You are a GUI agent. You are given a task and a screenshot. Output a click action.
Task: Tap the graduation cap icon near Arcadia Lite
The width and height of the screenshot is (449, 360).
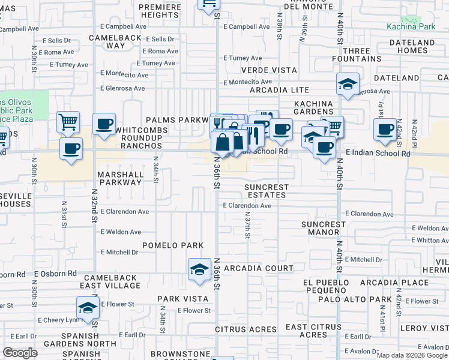348,85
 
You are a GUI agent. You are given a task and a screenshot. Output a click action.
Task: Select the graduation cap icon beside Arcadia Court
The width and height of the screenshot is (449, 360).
199,269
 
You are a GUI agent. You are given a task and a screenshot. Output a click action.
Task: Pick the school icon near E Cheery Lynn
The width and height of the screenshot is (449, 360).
88,309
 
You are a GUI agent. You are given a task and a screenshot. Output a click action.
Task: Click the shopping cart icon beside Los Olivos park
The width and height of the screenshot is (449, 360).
68,122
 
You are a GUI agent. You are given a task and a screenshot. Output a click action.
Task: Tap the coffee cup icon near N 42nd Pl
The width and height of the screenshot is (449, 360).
385,128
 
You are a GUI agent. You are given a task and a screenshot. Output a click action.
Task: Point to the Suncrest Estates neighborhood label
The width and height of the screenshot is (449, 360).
267,191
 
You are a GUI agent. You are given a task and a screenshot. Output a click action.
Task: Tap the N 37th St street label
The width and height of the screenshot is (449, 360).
247,227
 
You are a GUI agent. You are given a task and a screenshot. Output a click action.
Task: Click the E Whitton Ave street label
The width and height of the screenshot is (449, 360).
428,240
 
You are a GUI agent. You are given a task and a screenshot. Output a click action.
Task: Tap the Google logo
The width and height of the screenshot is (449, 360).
20,353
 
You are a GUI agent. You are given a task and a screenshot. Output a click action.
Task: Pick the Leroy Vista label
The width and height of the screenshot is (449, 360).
424,328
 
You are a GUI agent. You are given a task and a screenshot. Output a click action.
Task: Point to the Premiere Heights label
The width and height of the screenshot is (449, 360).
160,11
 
